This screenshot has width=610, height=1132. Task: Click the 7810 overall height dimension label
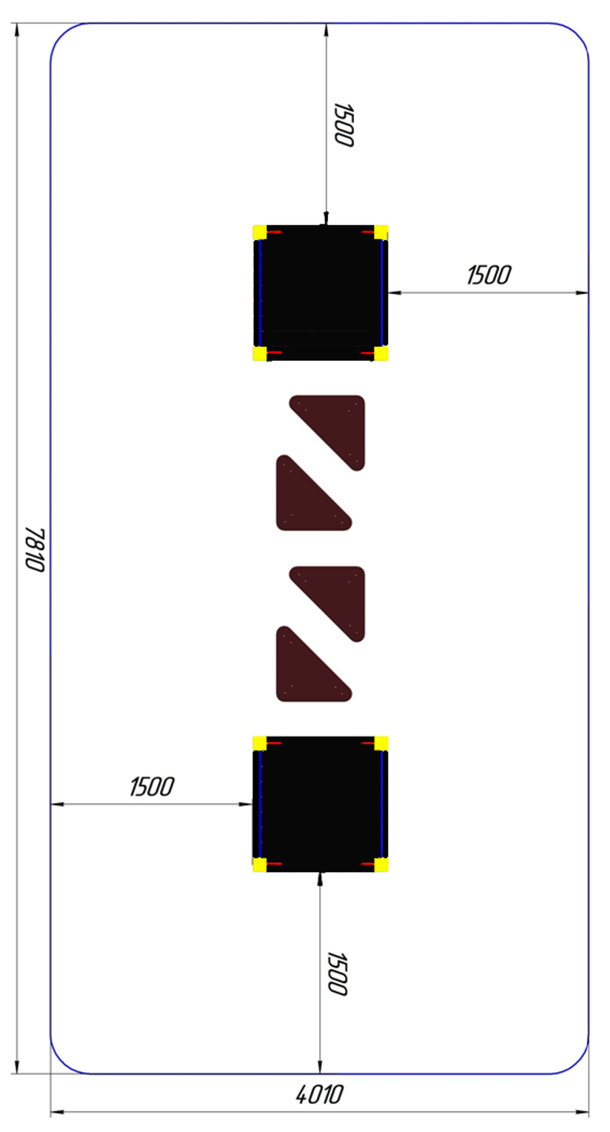pyautogui.click(x=36, y=550)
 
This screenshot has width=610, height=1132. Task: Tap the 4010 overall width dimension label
pyautogui.click(x=319, y=1095)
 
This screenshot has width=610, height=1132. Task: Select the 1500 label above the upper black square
pyautogui.click(x=344, y=124)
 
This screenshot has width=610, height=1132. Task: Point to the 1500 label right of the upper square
pyautogui.click(x=489, y=276)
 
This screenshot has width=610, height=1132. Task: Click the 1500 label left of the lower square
pyautogui.click(x=152, y=787)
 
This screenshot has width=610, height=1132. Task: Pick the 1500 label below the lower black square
pyautogui.click(x=338, y=973)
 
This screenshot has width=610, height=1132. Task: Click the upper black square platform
pyautogui.click(x=320, y=293)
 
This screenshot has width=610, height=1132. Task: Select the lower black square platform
pyautogui.click(x=320, y=804)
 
